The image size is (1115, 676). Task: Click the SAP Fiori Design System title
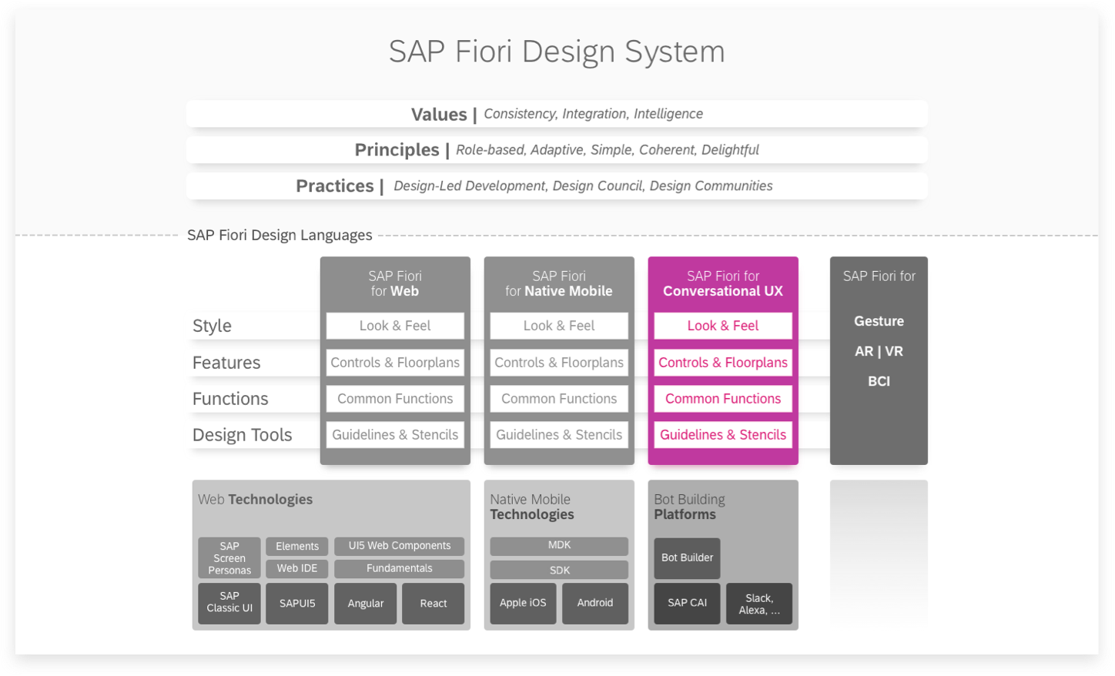tap(557, 52)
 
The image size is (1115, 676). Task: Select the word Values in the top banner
tap(439, 115)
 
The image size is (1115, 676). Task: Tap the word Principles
tap(397, 150)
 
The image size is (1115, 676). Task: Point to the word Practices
tap(335, 186)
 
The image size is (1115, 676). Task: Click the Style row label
tap(212, 326)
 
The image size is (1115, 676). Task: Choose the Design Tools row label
tap(242, 435)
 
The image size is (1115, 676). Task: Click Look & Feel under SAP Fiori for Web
tap(395, 326)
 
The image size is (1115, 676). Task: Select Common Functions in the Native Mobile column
tap(559, 399)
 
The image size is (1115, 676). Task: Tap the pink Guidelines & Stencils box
tap(723, 435)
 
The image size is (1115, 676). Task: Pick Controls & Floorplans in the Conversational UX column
tap(723, 363)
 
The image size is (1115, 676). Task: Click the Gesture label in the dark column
tap(879, 321)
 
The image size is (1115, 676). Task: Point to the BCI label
tap(879, 381)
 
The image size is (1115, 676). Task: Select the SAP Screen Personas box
tap(229, 558)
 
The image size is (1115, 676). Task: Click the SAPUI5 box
tap(297, 604)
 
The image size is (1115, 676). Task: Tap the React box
tap(434, 604)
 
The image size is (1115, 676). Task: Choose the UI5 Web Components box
tap(400, 546)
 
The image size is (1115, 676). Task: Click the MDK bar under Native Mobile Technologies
tap(559, 545)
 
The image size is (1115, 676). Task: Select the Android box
tap(595, 603)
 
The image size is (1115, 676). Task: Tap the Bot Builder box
tap(687, 558)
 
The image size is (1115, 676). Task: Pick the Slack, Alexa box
tap(759, 604)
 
